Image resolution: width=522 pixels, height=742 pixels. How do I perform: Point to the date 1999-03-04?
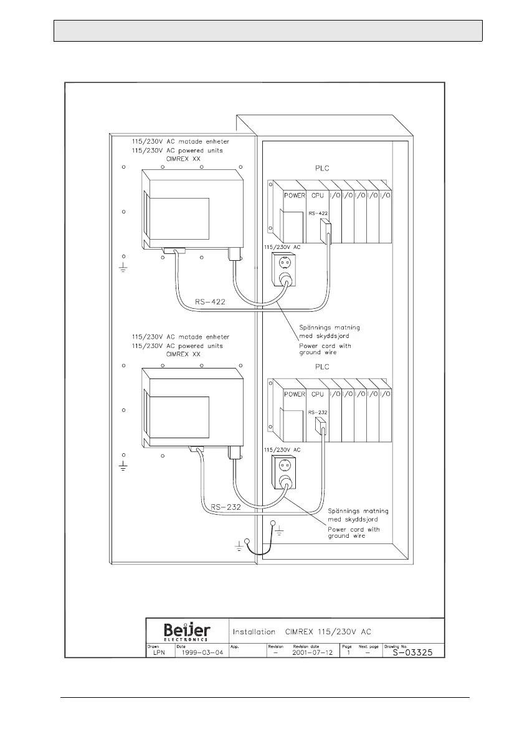[x=199, y=653]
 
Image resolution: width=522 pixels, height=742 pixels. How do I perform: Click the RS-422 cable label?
[x=210, y=301]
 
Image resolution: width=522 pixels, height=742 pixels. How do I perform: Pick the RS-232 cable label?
[x=225, y=507]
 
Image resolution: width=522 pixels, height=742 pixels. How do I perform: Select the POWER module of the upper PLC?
[x=295, y=195]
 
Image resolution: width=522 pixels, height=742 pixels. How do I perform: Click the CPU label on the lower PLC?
[x=317, y=394]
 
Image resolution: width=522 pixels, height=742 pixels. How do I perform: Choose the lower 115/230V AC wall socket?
[x=283, y=472]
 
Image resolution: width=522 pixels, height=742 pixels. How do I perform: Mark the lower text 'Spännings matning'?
[x=353, y=509]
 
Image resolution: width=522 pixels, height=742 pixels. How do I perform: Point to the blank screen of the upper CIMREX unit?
[x=179, y=217]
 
